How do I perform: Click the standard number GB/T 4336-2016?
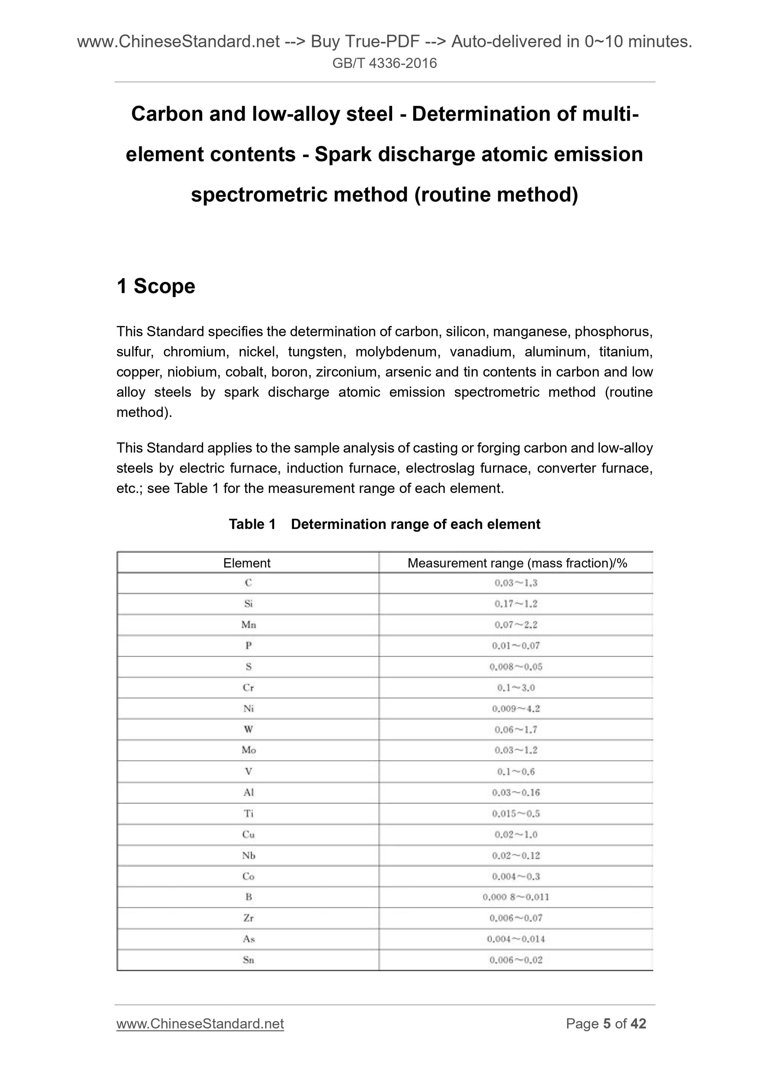click(x=384, y=63)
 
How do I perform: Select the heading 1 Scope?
click(x=156, y=286)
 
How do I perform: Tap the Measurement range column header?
click(x=517, y=563)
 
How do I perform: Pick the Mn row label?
click(x=248, y=625)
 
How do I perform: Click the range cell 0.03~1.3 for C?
click(x=516, y=583)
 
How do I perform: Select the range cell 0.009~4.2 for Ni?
click(x=516, y=708)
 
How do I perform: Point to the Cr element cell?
click(x=248, y=688)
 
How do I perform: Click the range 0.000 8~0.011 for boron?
click(x=516, y=897)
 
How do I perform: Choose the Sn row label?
click(x=248, y=960)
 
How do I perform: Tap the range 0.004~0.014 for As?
click(x=516, y=939)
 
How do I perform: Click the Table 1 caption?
click(x=384, y=524)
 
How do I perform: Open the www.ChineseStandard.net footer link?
click(x=200, y=1024)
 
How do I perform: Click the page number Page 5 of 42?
click(x=605, y=1024)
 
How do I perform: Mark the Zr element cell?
click(x=248, y=918)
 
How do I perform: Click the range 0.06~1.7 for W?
click(x=516, y=729)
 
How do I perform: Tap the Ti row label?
click(x=248, y=813)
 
